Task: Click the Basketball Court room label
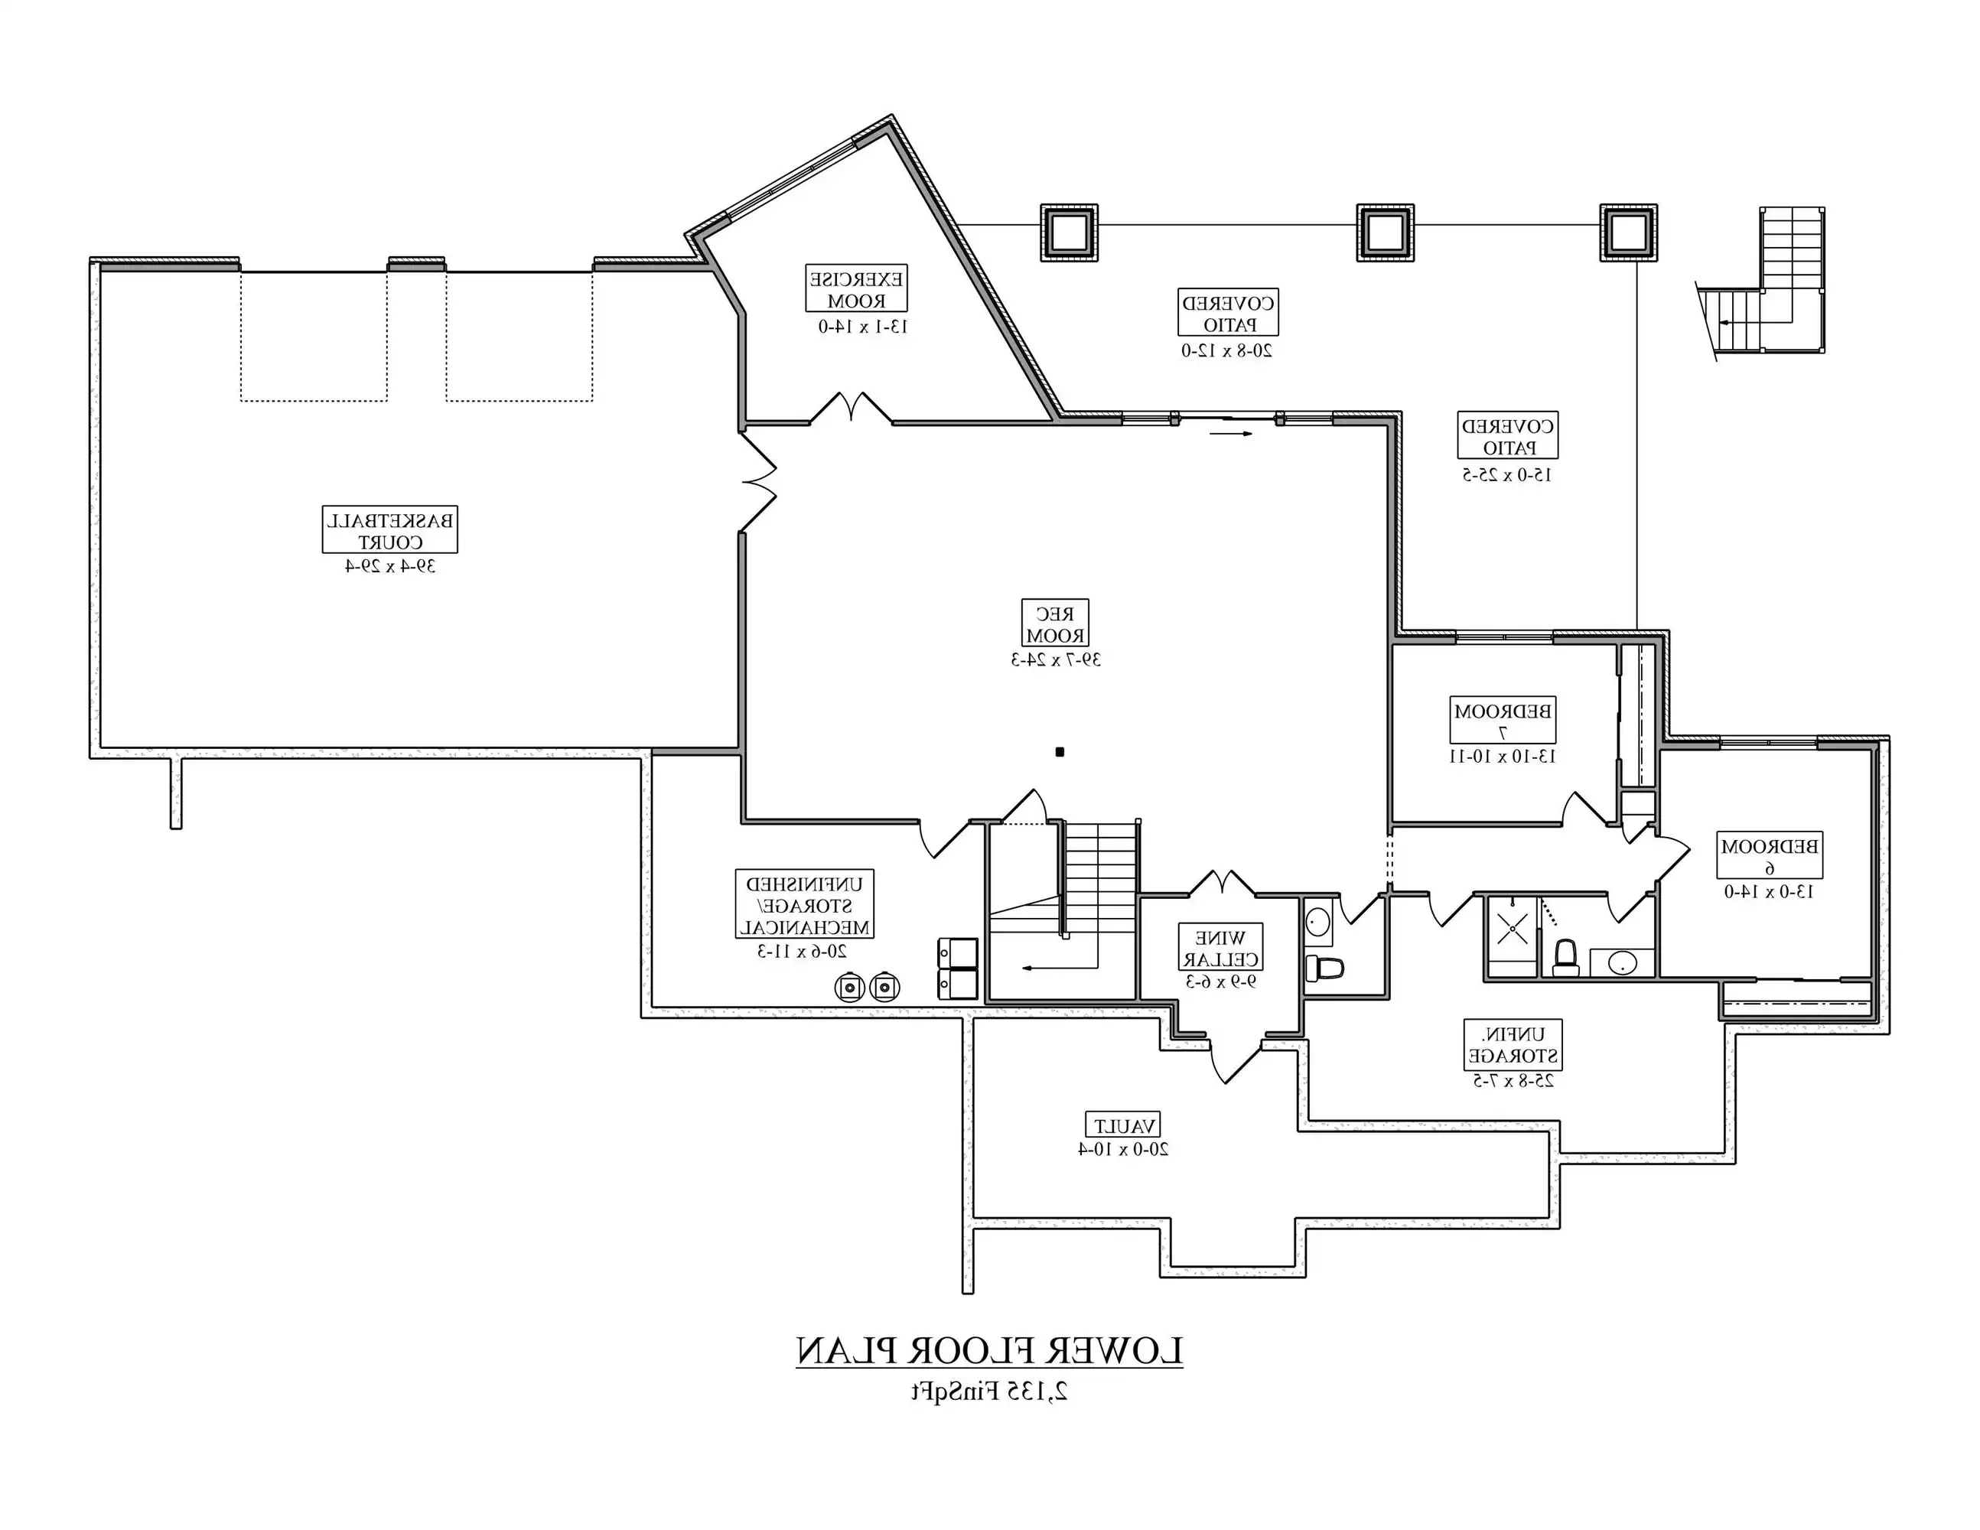click(x=390, y=530)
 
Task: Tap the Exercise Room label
click(x=857, y=288)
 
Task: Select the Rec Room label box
click(x=1055, y=623)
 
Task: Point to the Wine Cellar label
click(x=1220, y=947)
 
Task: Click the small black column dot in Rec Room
click(x=1060, y=751)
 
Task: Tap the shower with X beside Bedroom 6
click(x=1511, y=929)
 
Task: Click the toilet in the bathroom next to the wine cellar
click(x=1324, y=967)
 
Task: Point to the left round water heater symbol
click(x=849, y=987)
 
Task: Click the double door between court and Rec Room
click(x=758, y=481)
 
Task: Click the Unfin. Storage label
click(x=1513, y=1044)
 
